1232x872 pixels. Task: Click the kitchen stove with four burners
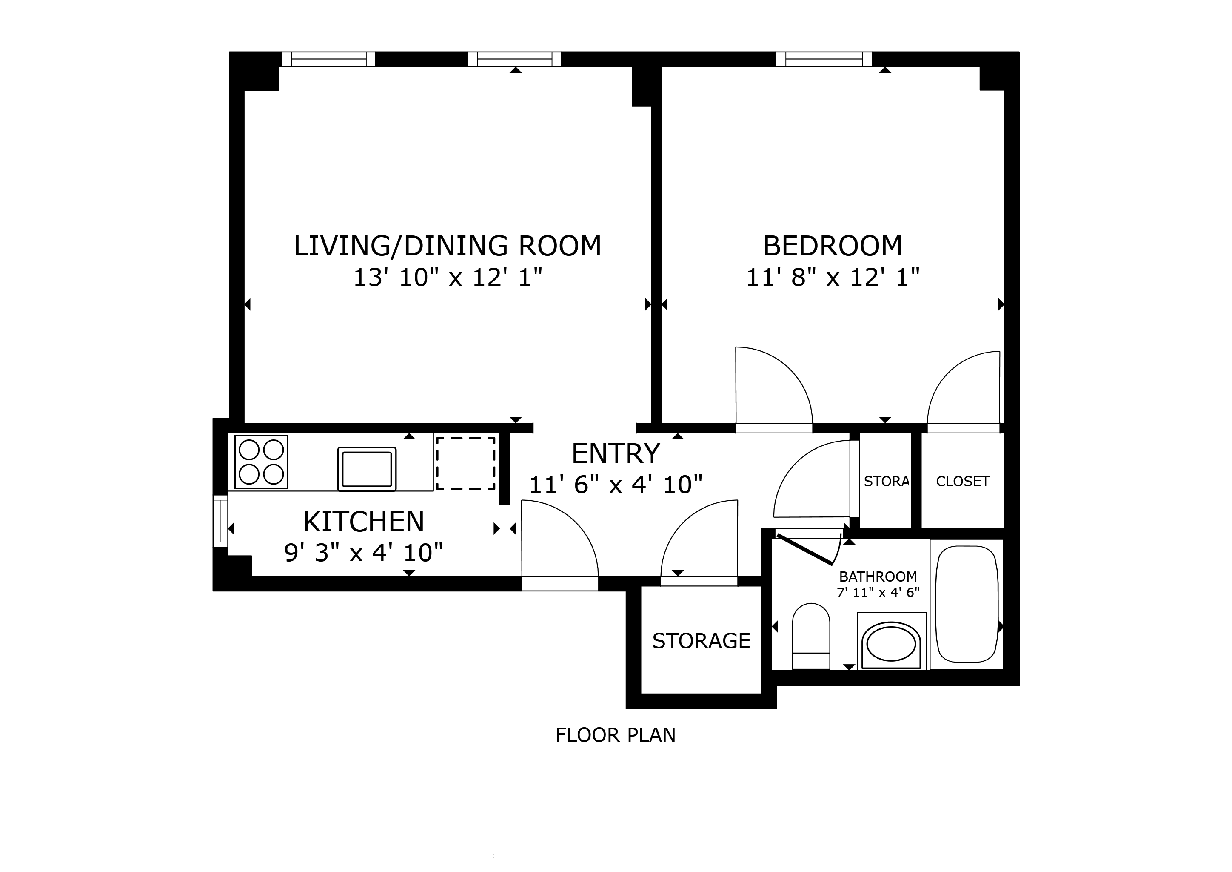[x=261, y=462]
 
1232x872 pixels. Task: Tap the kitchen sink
[x=367, y=469]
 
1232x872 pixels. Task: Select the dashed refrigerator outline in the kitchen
[x=465, y=463]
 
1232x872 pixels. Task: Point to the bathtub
[x=967, y=604]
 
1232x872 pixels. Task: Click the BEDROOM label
[x=832, y=247]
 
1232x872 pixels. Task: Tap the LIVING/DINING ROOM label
[x=448, y=246]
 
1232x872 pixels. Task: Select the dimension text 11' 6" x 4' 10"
[x=616, y=485]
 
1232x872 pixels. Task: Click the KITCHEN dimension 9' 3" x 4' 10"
[x=363, y=553]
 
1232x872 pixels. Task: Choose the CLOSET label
[x=963, y=482]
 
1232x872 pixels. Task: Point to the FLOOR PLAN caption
[x=616, y=735]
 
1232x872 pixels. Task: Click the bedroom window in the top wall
[x=824, y=59]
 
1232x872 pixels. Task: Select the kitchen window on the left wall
[x=220, y=521]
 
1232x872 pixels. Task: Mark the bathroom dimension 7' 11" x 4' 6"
[x=878, y=593]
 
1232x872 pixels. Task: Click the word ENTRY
[x=616, y=454]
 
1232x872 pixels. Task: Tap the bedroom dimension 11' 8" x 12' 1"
[x=832, y=278]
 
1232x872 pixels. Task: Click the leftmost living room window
[x=328, y=59]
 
